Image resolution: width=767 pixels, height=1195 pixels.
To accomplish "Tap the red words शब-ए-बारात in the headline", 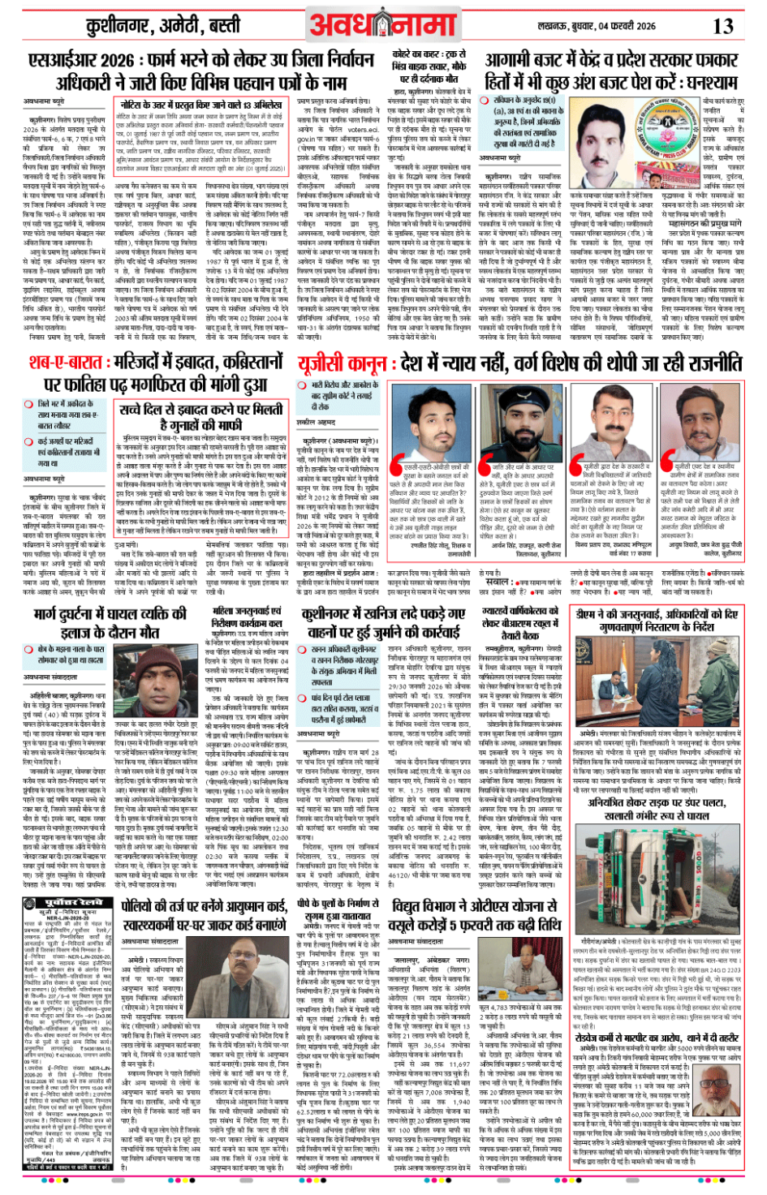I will [77, 361].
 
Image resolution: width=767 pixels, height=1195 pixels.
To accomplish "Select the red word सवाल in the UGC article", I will [497, 582].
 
